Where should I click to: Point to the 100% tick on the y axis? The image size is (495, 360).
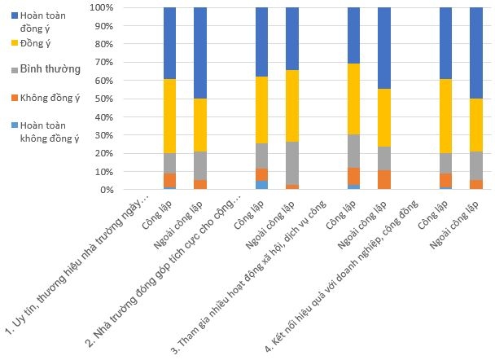coord(102,7)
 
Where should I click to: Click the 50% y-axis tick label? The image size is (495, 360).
coord(104,99)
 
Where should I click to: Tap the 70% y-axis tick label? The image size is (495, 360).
coord(104,62)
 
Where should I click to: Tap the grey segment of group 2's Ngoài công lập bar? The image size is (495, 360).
coord(292,163)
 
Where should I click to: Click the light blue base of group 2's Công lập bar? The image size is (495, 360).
coord(261,185)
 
